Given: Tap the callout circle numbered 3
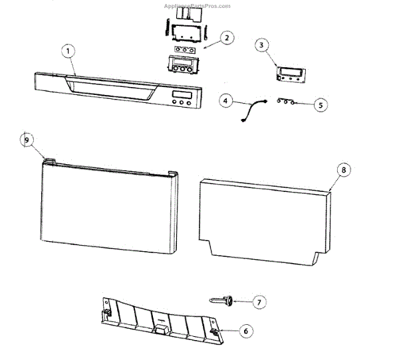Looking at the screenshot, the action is click(262, 45).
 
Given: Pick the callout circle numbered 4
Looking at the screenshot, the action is click(226, 101).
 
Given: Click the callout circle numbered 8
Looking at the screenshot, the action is click(343, 170).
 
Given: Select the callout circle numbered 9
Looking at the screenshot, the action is click(27, 140).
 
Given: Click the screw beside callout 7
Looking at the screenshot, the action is click(223, 301).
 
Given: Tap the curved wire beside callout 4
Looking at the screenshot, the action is click(253, 110).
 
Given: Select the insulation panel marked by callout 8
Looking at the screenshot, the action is click(266, 216).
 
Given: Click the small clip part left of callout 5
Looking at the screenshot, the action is click(285, 103).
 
